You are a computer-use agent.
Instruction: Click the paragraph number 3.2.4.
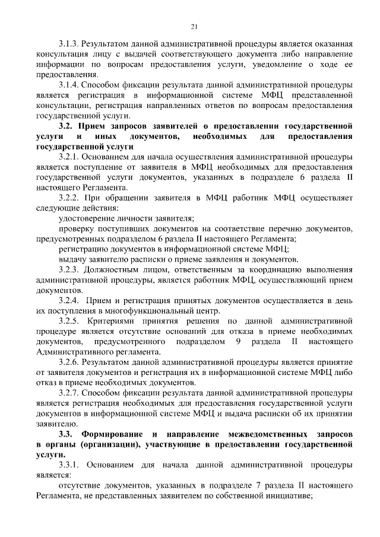coord(69,301)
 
